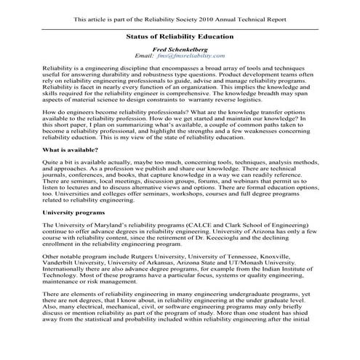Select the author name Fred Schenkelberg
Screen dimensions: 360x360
point(180,48)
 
